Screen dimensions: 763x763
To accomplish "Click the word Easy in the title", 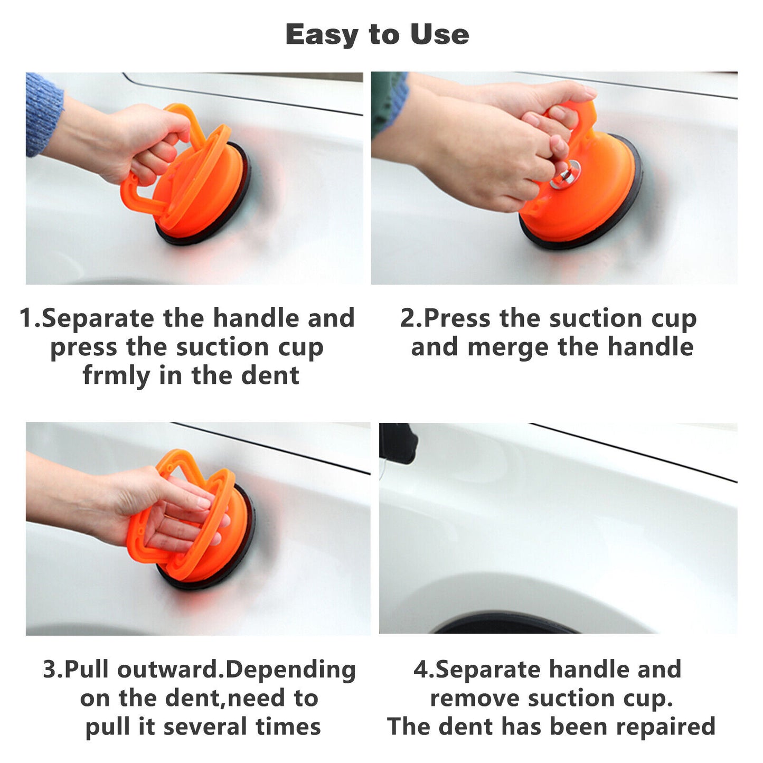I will coord(321,35).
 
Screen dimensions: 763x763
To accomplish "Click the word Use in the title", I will coord(439,34).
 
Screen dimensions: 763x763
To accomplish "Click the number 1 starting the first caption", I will coord(25,318).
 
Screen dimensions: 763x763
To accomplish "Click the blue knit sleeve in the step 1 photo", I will coord(42,114).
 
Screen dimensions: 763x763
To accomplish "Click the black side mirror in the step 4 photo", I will coord(397,442).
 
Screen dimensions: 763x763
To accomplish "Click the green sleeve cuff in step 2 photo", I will coord(388,103).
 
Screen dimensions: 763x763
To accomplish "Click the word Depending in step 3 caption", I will coord(290,670).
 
